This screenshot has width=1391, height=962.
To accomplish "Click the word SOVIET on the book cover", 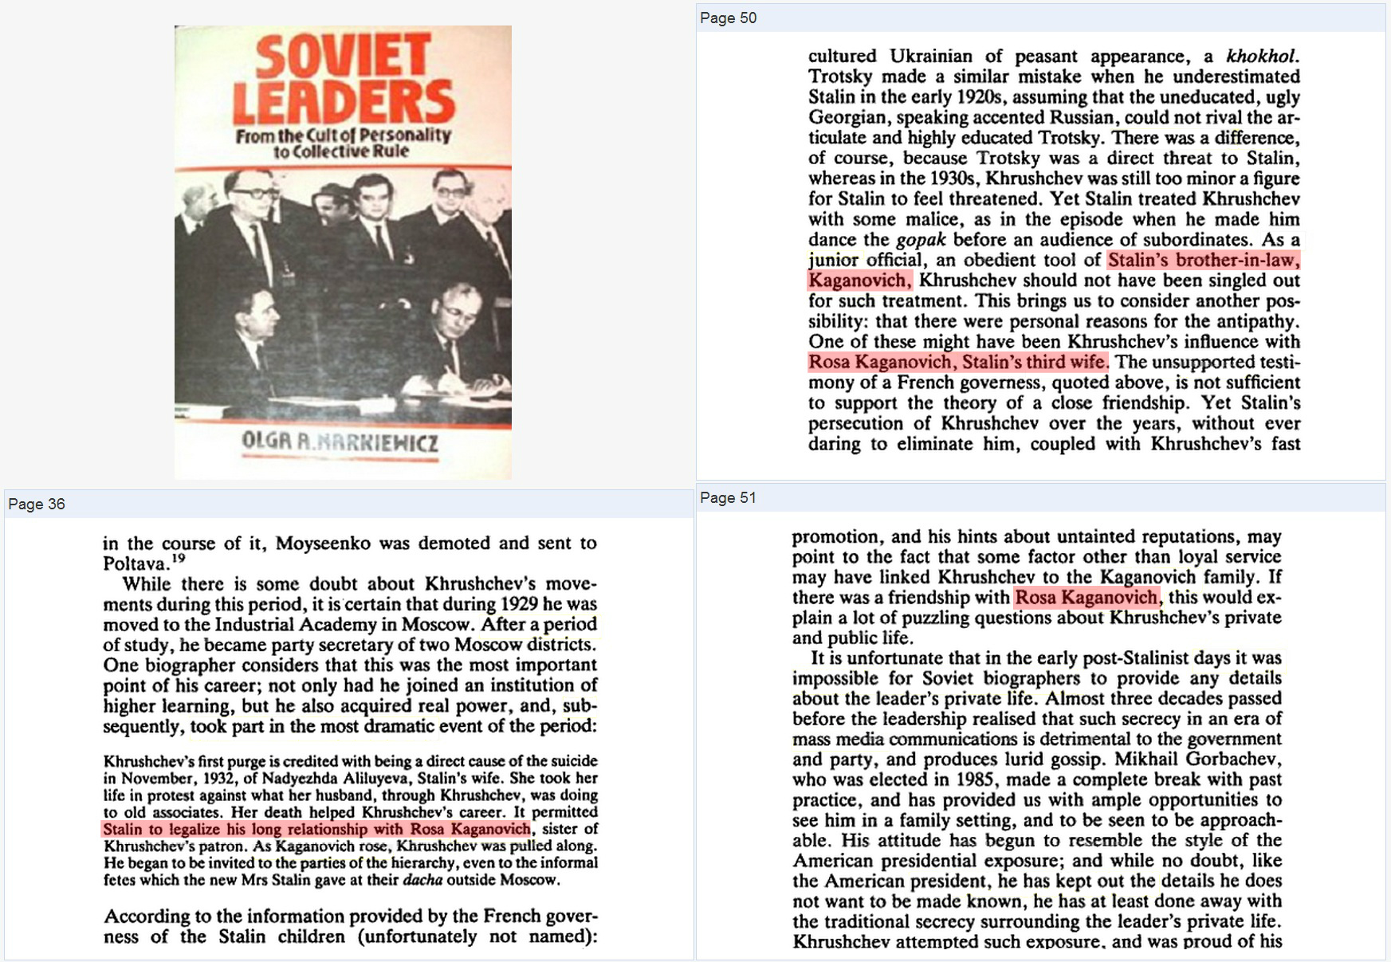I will (x=344, y=58).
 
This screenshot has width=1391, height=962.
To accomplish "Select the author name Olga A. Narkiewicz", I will (x=340, y=442).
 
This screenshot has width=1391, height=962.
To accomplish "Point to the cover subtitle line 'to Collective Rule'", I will (x=341, y=151).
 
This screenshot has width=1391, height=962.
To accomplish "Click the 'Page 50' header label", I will (x=728, y=18).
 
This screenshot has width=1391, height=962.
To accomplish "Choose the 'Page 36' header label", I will (x=36, y=504).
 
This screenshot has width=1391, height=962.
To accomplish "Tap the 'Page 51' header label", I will (x=728, y=498).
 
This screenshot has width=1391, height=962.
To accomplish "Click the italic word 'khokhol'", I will (x=1261, y=56).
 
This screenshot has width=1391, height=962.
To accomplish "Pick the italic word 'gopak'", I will (x=921, y=239).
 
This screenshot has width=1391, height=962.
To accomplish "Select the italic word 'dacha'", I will (x=422, y=880).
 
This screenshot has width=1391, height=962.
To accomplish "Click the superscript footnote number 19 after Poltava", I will (x=179, y=558).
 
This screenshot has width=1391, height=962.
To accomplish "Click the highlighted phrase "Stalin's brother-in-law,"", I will (x=1203, y=260).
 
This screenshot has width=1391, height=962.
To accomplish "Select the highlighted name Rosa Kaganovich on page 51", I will (x=1086, y=597).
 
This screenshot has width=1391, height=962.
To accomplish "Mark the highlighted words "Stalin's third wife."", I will (x=1035, y=362).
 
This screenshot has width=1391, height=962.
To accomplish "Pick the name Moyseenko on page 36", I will (x=323, y=544).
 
